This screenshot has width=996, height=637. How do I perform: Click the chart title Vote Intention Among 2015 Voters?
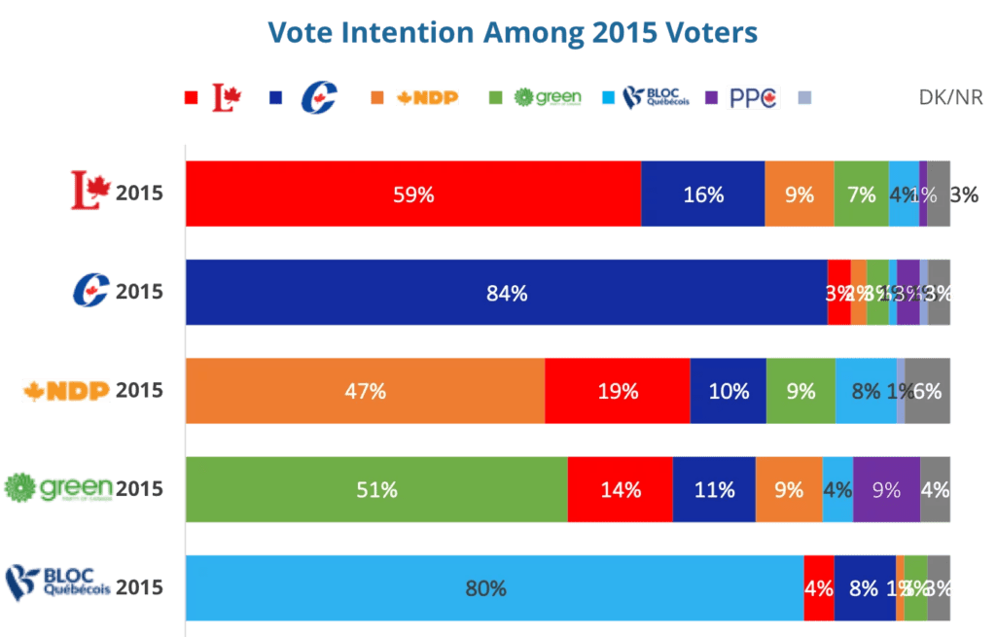pyautogui.click(x=512, y=33)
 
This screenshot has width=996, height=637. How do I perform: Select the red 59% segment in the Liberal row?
pyautogui.click(x=412, y=194)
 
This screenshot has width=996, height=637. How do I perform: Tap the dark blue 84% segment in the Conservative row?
pyautogui.click(x=506, y=292)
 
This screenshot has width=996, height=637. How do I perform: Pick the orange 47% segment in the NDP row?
pyautogui.click(x=365, y=390)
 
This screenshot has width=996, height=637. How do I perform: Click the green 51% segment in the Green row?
pyautogui.click(x=376, y=489)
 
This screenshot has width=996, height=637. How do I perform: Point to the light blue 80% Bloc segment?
pyautogui.click(x=494, y=587)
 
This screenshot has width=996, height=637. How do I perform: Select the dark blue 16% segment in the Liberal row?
pyautogui.click(x=702, y=194)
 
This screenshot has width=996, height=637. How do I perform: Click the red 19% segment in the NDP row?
pyautogui.click(x=617, y=390)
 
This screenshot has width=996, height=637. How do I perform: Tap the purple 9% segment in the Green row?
pyautogui.click(x=886, y=489)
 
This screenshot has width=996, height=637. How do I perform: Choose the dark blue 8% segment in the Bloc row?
pyautogui.click(x=865, y=587)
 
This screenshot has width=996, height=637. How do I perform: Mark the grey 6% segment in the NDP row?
pyautogui.click(x=928, y=390)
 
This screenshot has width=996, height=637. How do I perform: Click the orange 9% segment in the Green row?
pyautogui.click(x=789, y=489)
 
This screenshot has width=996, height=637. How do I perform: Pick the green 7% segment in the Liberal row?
pyautogui.click(x=861, y=194)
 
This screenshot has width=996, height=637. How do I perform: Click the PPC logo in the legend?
pyautogui.click(x=754, y=97)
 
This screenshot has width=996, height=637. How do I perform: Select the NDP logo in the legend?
pyautogui.click(x=427, y=97)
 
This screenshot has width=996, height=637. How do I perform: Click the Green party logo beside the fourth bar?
pyautogui.click(x=58, y=487)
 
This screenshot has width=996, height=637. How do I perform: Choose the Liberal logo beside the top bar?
pyautogui.click(x=89, y=191)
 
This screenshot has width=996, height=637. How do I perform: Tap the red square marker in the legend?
pyautogui.click(x=192, y=97)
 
